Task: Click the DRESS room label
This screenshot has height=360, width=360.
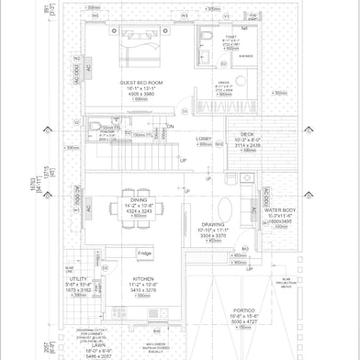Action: [x=223, y=82]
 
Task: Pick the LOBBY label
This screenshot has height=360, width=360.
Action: [x=204, y=138]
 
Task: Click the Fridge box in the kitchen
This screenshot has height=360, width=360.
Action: [x=144, y=253]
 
